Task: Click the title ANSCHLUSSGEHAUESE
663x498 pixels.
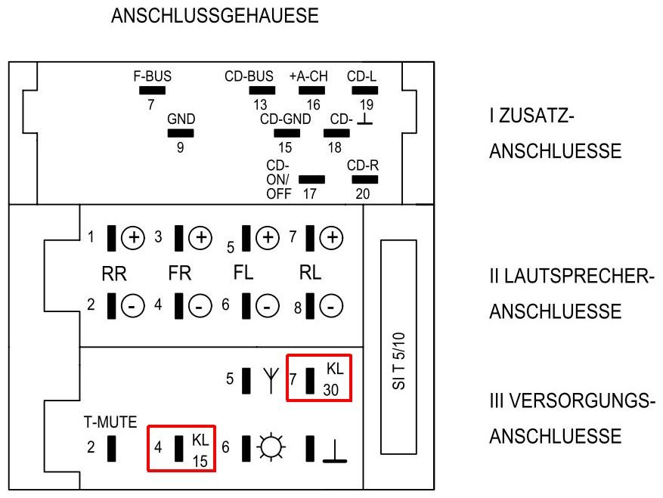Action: (x=215, y=16)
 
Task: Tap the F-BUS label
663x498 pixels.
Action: (x=152, y=76)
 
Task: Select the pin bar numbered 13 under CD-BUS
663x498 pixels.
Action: (x=262, y=90)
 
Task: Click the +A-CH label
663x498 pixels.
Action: (x=308, y=76)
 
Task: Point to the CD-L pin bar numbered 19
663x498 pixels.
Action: (x=365, y=90)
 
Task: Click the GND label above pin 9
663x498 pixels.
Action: (x=181, y=119)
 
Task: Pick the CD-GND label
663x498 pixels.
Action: (x=286, y=119)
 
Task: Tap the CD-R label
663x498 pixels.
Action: (x=363, y=165)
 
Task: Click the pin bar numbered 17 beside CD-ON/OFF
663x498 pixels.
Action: (x=311, y=180)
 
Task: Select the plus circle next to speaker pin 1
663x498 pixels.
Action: (x=133, y=237)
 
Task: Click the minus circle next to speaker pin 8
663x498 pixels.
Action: (x=331, y=305)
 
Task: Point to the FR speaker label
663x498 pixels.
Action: (x=180, y=273)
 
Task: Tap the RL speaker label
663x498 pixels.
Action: (x=310, y=273)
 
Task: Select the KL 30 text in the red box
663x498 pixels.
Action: (x=333, y=379)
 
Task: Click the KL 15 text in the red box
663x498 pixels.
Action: (x=200, y=450)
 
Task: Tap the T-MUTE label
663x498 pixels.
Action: (x=110, y=422)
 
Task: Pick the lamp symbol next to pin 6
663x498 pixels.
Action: (x=271, y=447)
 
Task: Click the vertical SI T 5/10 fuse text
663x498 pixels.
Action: (x=398, y=361)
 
